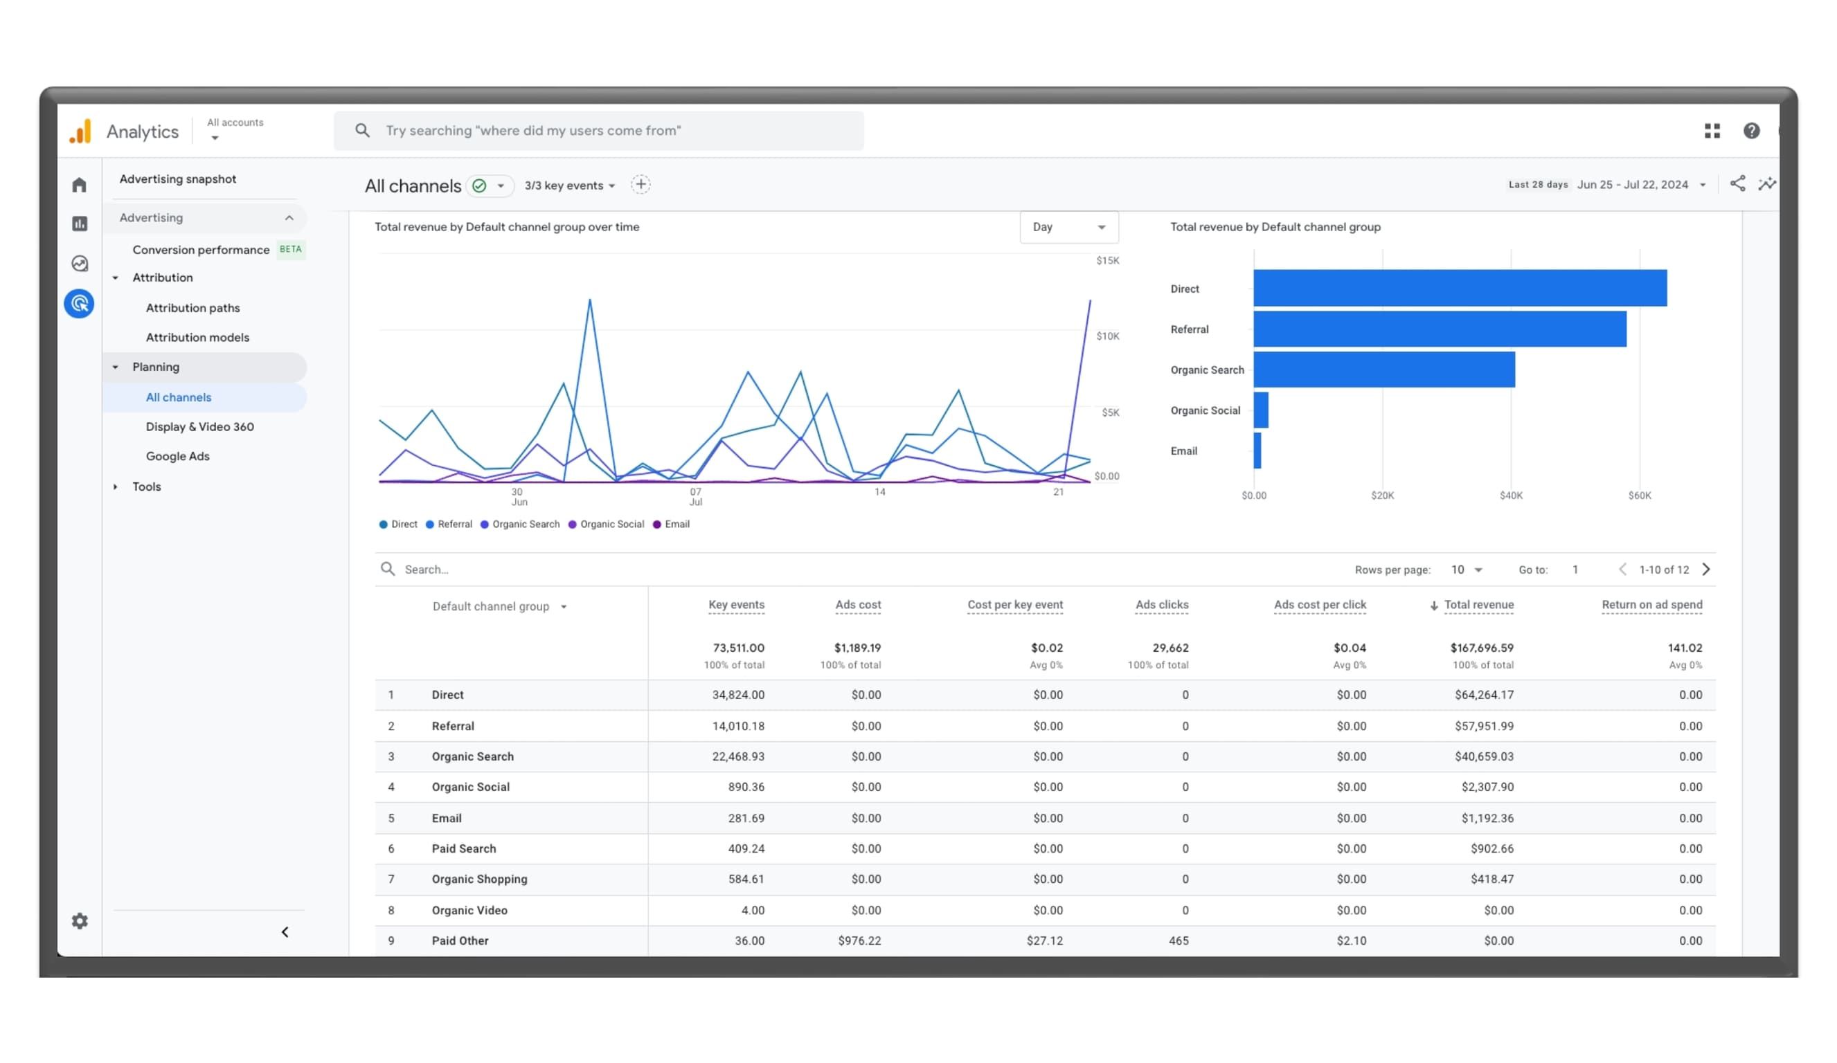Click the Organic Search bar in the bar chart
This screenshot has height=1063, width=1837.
1383,370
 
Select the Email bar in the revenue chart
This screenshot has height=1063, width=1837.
1257,451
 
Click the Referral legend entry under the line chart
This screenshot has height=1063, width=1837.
449,524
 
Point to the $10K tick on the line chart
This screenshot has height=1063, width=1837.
1107,336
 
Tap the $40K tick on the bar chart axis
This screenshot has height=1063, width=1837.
1510,496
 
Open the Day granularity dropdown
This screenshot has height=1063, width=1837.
1068,227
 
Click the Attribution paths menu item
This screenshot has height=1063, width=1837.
192,307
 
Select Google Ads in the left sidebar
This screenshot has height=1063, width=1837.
177,456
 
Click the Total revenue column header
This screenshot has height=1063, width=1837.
1478,605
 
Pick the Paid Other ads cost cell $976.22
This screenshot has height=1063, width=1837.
859,941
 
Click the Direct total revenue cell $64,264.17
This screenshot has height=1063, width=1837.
1483,694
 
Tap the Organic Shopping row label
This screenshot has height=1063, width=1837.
479,879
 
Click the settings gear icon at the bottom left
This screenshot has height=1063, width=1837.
80,921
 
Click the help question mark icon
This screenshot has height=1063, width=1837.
1751,130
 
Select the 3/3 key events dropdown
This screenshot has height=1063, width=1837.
569,185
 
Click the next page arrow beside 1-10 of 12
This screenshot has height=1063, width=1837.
1706,569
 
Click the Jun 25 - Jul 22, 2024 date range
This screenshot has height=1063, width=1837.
1632,185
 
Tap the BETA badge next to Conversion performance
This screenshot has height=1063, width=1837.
290,249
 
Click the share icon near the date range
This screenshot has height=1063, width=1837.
1737,183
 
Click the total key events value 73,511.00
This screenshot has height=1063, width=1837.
737,648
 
